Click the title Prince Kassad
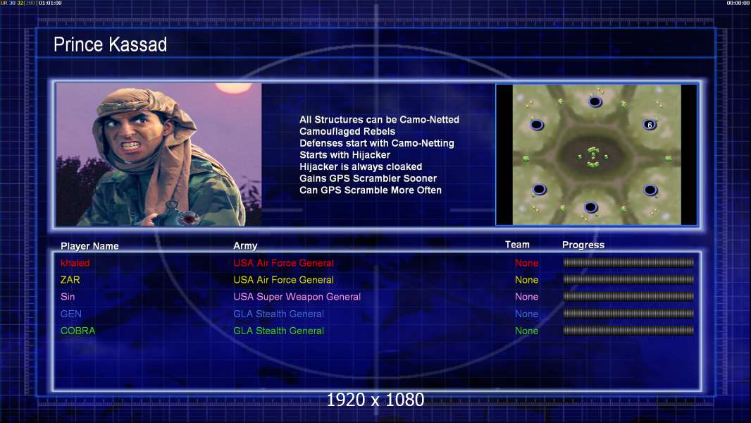pyautogui.click(x=110, y=44)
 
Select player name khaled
pyautogui.click(x=75, y=263)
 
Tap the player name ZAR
pyautogui.click(x=70, y=280)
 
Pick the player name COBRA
pyautogui.click(x=77, y=331)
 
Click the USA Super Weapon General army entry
pyautogui.click(x=297, y=297)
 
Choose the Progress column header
pyautogui.click(x=583, y=245)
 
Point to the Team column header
pyautogui.click(x=517, y=245)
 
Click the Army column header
pyautogui.click(x=245, y=246)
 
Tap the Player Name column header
pyautogui.click(x=89, y=246)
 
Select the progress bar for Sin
pyautogui.click(x=628, y=297)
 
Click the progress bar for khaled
pyautogui.click(x=628, y=262)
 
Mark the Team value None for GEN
pyautogui.click(x=526, y=314)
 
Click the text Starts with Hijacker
pyautogui.click(x=345, y=154)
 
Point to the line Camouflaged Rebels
pyautogui.click(x=347, y=131)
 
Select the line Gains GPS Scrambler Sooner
pyautogui.click(x=368, y=178)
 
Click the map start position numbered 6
pyautogui.click(x=650, y=125)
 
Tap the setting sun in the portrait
pyautogui.click(x=233, y=87)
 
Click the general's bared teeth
pyautogui.click(x=131, y=145)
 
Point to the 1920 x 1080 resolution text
pyautogui.click(x=375, y=400)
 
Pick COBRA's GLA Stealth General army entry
pyautogui.click(x=278, y=331)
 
